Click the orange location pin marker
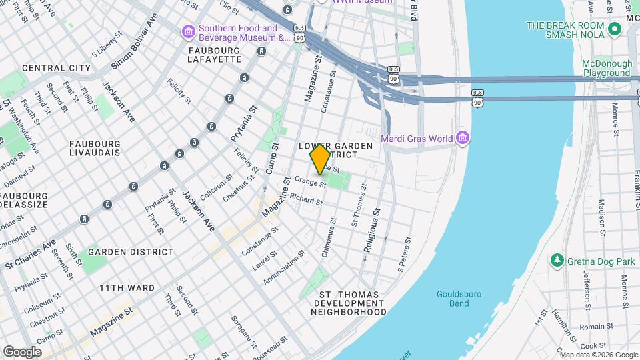320,159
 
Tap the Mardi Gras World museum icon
463,139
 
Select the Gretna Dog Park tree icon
557,259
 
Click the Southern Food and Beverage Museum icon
189,32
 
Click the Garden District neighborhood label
131,252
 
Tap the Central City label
56,68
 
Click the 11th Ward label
127,288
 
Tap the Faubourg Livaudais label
95,147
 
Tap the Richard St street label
306,199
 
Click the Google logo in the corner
22,351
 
